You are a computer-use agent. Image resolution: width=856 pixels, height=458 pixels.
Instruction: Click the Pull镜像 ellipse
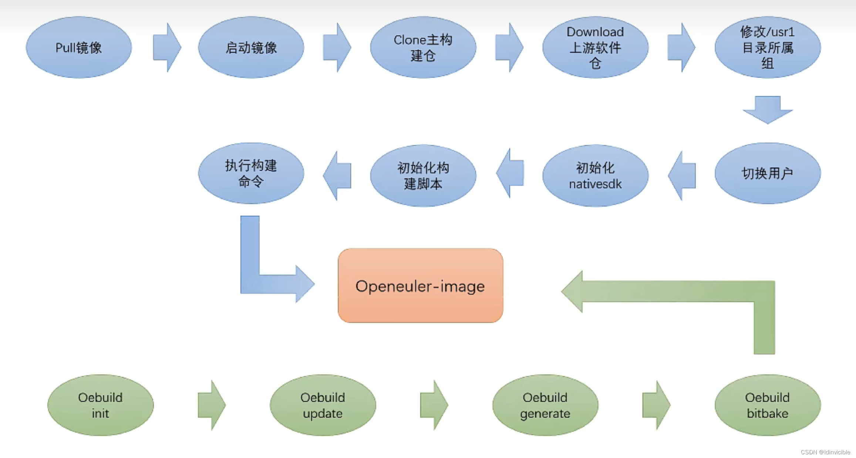[x=79, y=47]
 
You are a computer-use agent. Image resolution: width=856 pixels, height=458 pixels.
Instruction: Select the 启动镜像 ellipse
[x=251, y=47]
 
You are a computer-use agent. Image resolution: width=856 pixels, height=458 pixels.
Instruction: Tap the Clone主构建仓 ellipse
[x=423, y=47]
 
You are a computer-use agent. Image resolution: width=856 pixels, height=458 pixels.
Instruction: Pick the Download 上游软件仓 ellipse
[x=595, y=47]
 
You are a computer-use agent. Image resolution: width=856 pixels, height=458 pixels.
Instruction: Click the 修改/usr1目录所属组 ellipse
[x=768, y=47]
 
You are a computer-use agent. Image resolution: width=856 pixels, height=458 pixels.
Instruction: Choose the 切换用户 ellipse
[x=768, y=173]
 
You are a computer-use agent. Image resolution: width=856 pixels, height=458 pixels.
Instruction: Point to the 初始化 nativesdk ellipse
[x=595, y=175]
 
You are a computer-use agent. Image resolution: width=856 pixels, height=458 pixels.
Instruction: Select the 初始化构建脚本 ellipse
[x=423, y=175]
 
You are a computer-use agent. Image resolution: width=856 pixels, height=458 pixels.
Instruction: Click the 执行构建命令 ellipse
[x=251, y=173]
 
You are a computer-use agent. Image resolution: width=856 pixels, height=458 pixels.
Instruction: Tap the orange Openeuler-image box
[x=420, y=286]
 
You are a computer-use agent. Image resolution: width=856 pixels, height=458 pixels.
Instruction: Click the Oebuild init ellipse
[x=100, y=405]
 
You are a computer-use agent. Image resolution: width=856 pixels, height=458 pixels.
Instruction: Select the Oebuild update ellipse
[x=323, y=405]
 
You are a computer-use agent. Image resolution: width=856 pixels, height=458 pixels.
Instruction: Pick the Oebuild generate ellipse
[x=545, y=405]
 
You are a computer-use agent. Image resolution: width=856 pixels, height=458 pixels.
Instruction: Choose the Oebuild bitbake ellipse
[x=768, y=405]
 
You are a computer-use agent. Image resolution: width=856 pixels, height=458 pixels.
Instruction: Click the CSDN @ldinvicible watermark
[x=825, y=452]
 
